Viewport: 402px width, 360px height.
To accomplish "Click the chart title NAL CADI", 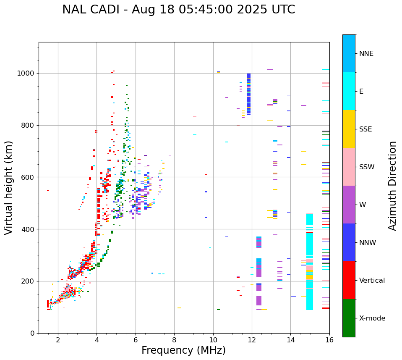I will [178, 10].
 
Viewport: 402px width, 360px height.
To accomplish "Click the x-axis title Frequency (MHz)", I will [183, 350].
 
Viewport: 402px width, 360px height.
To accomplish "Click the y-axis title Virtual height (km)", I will [9, 187].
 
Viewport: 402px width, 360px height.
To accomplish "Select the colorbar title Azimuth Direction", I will [392, 186].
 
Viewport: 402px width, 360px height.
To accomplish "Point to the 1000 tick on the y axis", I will [28, 73].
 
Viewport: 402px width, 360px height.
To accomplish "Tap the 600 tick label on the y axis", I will [30, 177].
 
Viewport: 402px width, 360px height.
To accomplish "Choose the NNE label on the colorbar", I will [366, 54].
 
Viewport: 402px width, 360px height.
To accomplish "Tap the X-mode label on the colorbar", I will [372, 318].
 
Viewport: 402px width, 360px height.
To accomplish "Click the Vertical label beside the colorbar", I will [372, 281].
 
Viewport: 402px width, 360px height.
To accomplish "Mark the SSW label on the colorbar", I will [366, 167].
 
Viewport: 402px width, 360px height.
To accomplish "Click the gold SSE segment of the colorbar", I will [349, 129].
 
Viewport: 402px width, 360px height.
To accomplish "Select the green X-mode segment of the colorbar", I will [349, 318].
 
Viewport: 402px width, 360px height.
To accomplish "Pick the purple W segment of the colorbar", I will [349, 205].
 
